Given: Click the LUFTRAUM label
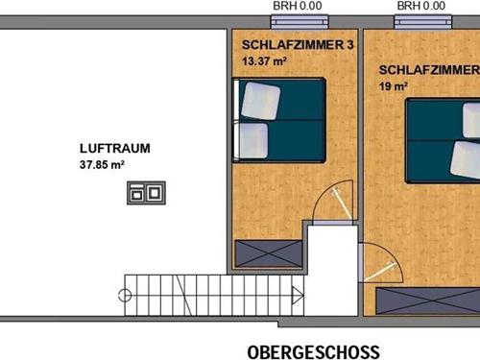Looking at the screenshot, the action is pos(115,149).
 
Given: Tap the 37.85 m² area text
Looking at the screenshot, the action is pos(102,164).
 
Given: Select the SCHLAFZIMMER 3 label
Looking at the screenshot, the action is pos(298,45).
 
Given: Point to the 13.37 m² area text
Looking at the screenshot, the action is pos(264,60).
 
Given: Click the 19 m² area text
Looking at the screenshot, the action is pos(394,86).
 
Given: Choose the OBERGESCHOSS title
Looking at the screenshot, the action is pos(314,352).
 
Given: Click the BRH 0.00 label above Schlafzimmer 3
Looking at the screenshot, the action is pos(298,6).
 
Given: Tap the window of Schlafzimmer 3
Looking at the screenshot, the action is pos(300,22).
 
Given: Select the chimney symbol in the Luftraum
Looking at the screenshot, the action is pos(146,193).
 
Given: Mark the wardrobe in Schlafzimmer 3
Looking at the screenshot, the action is pos(269,253).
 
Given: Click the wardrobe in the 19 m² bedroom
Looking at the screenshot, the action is pos(428,300).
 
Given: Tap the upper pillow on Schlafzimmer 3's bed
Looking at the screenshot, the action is pos(261,101).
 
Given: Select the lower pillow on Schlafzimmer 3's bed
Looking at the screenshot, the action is pos(252,141).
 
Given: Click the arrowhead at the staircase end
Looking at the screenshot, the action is pos(298,296).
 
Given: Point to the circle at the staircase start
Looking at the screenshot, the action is pos(125,296).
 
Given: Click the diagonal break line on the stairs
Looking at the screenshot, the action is pos(183,296).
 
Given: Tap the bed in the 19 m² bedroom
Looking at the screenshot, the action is pos(443,141).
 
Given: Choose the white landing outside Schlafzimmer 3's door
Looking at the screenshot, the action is pos(333,271).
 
